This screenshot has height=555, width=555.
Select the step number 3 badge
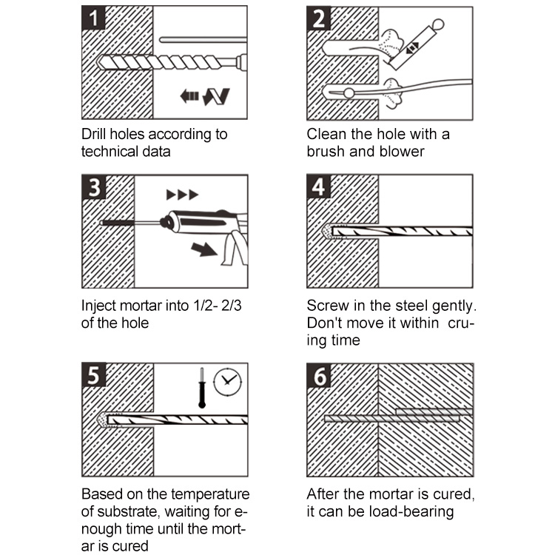(93, 188)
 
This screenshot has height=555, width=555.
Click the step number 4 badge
(320, 188)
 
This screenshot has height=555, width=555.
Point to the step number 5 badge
(93, 377)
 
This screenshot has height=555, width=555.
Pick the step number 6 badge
(320, 377)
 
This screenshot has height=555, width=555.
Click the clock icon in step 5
(226, 382)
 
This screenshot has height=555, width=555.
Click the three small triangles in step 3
(182, 195)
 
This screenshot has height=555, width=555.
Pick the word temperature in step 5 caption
(211, 494)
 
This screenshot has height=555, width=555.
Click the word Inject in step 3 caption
(98, 304)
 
